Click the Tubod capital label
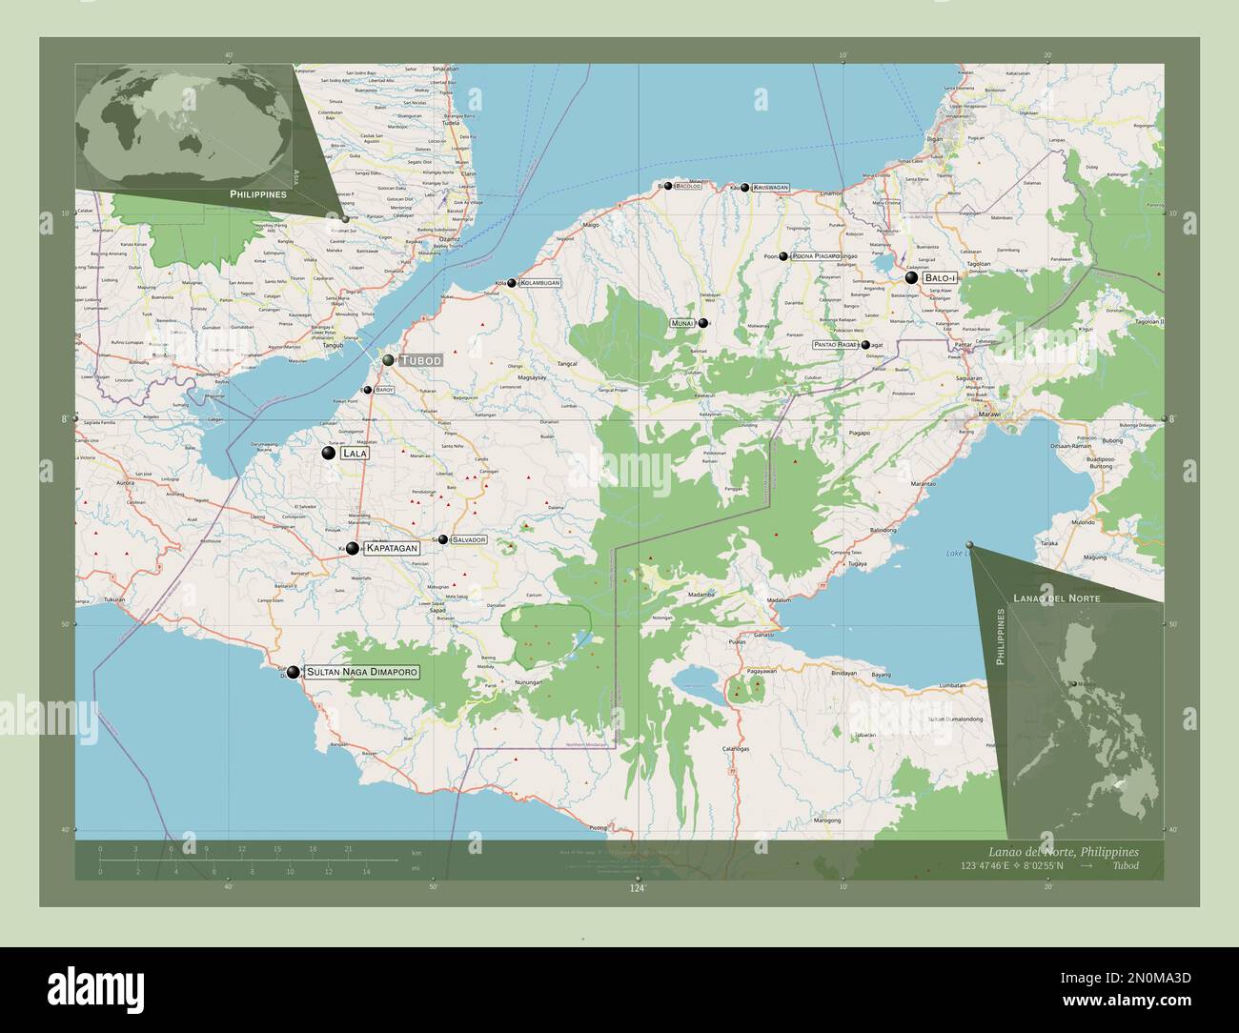(x=420, y=360)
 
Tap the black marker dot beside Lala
(x=329, y=455)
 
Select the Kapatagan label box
(x=393, y=549)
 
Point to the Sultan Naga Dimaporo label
(x=362, y=672)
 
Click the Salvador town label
(x=469, y=539)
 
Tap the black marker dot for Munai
(x=703, y=323)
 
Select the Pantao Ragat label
(x=837, y=345)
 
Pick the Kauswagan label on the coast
(x=770, y=188)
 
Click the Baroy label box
(x=384, y=390)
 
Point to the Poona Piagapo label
(x=816, y=256)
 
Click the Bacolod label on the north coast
(x=688, y=187)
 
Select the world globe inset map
(x=184, y=126)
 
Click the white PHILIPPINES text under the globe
(x=257, y=193)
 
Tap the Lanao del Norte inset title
(x=1056, y=598)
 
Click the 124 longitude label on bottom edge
(x=637, y=888)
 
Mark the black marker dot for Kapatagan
(x=353, y=549)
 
